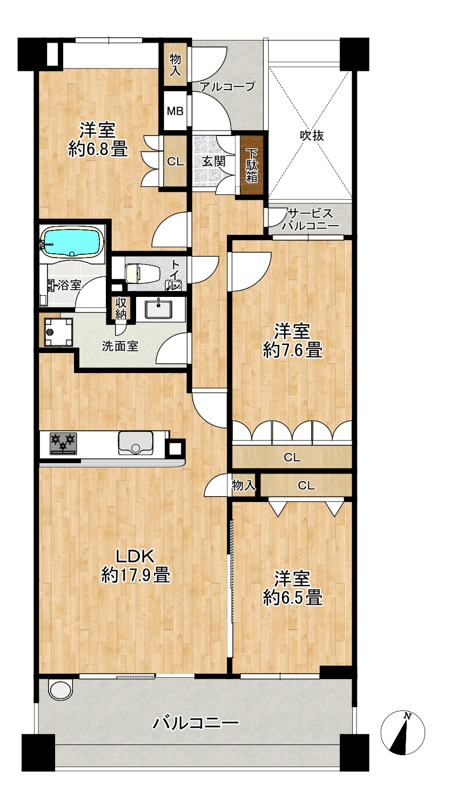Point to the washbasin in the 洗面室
(x=158, y=309)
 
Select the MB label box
(x=176, y=111)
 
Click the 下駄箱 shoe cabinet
(x=252, y=166)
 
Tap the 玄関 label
(x=213, y=161)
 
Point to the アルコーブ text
(x=227, y=86)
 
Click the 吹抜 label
(x=312, y=136)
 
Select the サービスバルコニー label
(x=311, y=220)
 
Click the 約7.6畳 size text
(x=293, y=350)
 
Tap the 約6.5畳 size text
(x=293, y=598)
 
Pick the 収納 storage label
(x=120, y=308)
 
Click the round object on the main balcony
(x=61, y=688)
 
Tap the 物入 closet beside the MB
(x=176, y=64)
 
